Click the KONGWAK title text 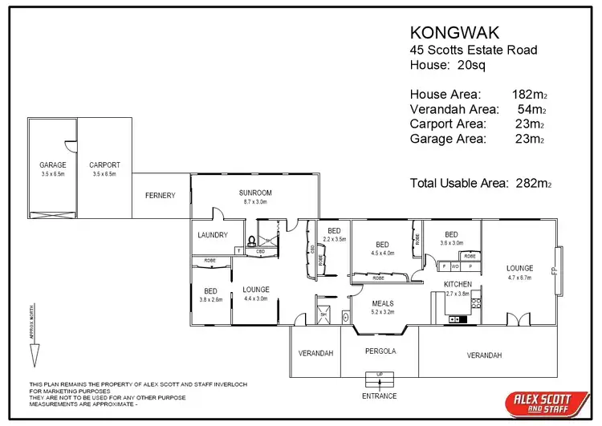click(454, 33)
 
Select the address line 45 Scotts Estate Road click(474, 50)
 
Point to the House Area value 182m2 click(530, 95)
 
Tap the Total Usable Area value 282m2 click(530, 183)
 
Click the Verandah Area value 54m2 click(532, 109)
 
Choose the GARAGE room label click(53, 165)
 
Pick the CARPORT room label click(104, 165)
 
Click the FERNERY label click(160, 196)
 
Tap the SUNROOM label click(255, 193)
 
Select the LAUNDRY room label click(213, 235)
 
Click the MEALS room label click(383, 303)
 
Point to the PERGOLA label click(380, 351)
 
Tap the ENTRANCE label click(379, 396)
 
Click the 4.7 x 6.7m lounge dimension click(520, 278)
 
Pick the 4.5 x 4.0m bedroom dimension click(382, 254)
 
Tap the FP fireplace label click(555, 270)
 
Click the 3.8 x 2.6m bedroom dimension click(210, 299)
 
